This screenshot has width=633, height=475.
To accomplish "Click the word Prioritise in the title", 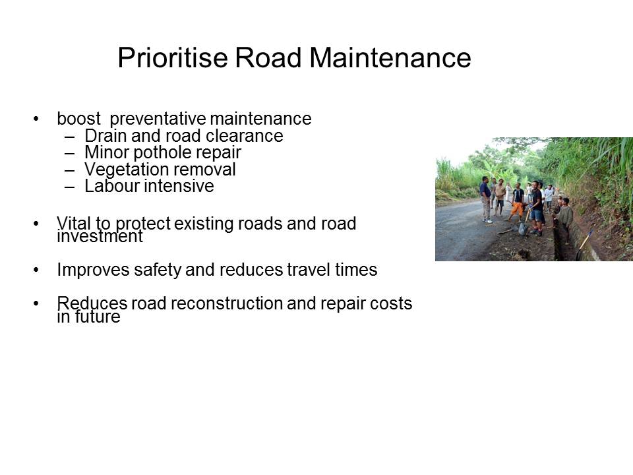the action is (x=173, y=57).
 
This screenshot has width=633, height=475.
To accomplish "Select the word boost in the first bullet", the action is (x=78, y=119).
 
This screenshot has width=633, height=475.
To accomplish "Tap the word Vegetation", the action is (x=123, y=170).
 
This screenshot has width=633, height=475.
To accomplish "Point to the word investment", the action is (x=100, y=236).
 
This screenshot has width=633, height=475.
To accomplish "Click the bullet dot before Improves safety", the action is (x=36, y=270).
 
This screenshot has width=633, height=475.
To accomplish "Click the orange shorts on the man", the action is (x=517, y=209).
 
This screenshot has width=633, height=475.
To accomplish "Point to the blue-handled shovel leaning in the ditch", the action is (x=584, y=243).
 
